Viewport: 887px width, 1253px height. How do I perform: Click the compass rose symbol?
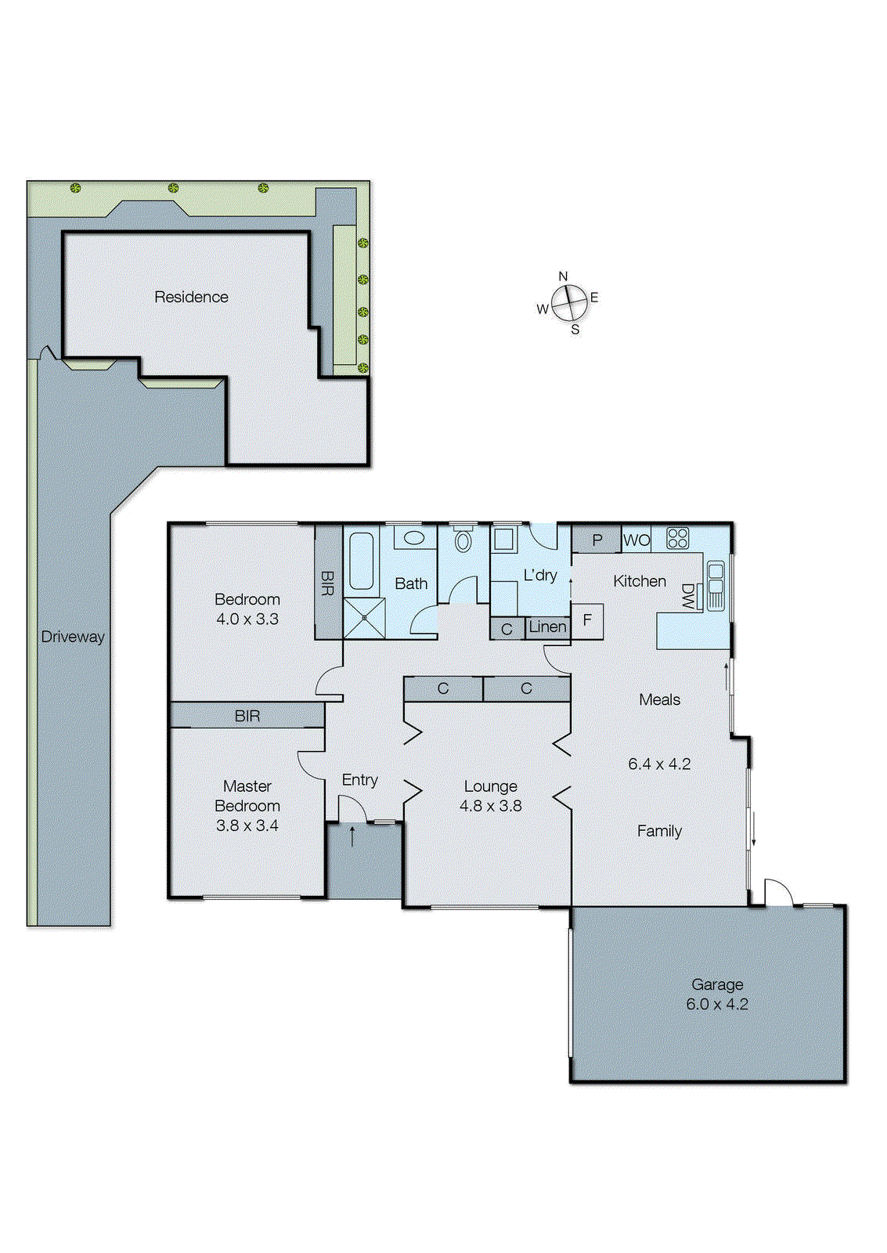(569, 303)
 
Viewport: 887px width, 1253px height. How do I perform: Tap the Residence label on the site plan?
(191, 297)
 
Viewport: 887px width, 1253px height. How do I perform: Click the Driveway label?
(72, 637)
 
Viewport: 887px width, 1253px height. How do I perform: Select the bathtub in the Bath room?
(361, 561)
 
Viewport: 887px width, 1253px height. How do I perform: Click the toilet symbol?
(463, 540)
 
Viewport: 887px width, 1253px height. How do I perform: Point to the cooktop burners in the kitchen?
(677, 538)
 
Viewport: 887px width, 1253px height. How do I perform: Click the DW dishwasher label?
(688, 597)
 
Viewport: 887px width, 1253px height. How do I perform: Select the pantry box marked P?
(597, 540)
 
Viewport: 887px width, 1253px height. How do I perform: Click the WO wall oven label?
(636, 540)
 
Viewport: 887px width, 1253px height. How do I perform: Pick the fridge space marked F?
(587, 620)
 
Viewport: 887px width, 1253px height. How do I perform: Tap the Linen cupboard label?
(547, 626)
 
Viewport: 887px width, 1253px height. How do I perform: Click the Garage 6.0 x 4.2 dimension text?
(717, 1004)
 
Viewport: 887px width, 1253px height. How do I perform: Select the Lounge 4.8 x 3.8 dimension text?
(490, 806)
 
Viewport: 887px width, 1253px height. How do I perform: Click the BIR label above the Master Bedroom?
(247, 716)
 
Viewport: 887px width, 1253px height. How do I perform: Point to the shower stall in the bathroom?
(365, 618)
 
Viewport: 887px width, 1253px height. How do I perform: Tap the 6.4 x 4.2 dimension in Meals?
(659, 764)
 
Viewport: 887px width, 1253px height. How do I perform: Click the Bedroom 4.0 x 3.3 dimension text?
(247, 619)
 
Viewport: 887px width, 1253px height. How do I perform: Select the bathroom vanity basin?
(413, 538)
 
